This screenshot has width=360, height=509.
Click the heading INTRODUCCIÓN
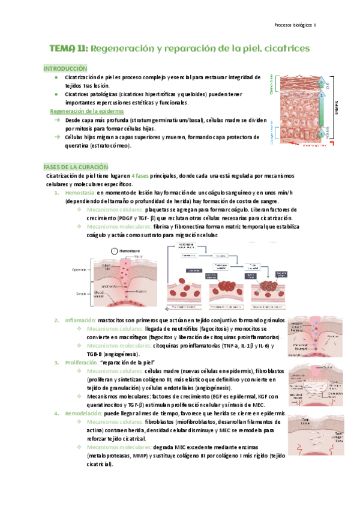65,69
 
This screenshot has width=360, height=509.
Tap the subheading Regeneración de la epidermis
86,112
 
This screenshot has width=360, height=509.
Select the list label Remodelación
82,414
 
